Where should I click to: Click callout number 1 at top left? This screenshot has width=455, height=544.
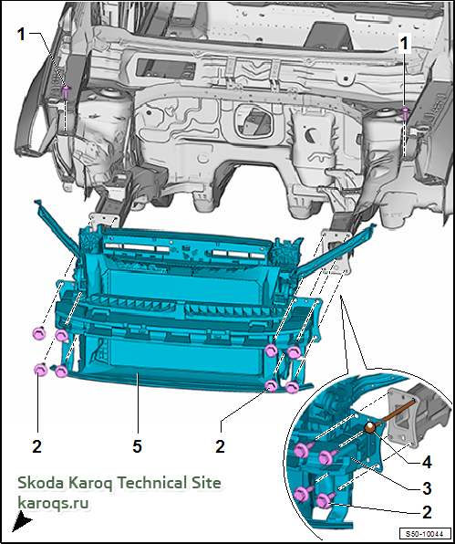(x=22, y=34)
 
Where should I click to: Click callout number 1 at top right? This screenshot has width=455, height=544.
(x=404, y=45)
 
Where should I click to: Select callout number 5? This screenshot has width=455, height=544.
(x=137, y=446)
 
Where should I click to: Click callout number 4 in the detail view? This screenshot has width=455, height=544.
(x=426, y=462)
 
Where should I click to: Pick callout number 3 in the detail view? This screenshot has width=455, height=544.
(x=427, y=488)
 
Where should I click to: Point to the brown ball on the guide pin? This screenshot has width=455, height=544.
(x=370, y=427)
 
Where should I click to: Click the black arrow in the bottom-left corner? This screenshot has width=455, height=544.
(x=22, y=522)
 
